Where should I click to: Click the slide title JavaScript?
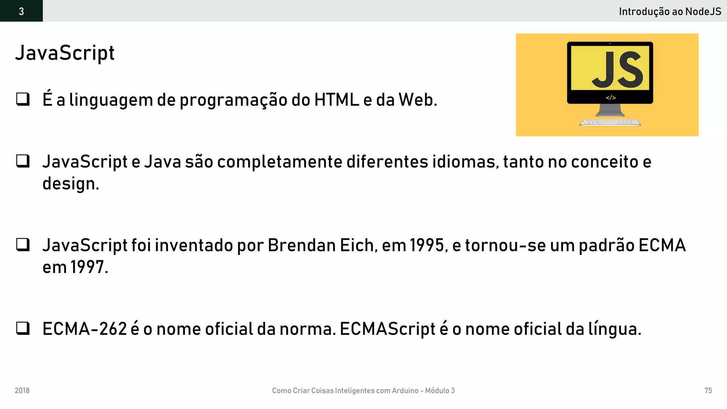click(65, 53)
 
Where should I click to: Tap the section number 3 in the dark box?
click(21, 11)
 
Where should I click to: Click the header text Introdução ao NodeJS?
click(670, 12)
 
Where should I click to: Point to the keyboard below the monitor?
click(610, 122)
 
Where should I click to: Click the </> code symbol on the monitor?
click(611, 98)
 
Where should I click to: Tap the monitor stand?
click(610, 110)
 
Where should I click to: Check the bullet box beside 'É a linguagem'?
click(23, 99)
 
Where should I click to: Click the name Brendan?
click(301, 245)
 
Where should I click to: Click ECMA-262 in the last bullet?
click(84, 329)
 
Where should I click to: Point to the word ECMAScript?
click(387, 329)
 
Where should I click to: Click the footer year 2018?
click(22, 391)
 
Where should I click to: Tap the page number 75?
click(708, 391)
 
